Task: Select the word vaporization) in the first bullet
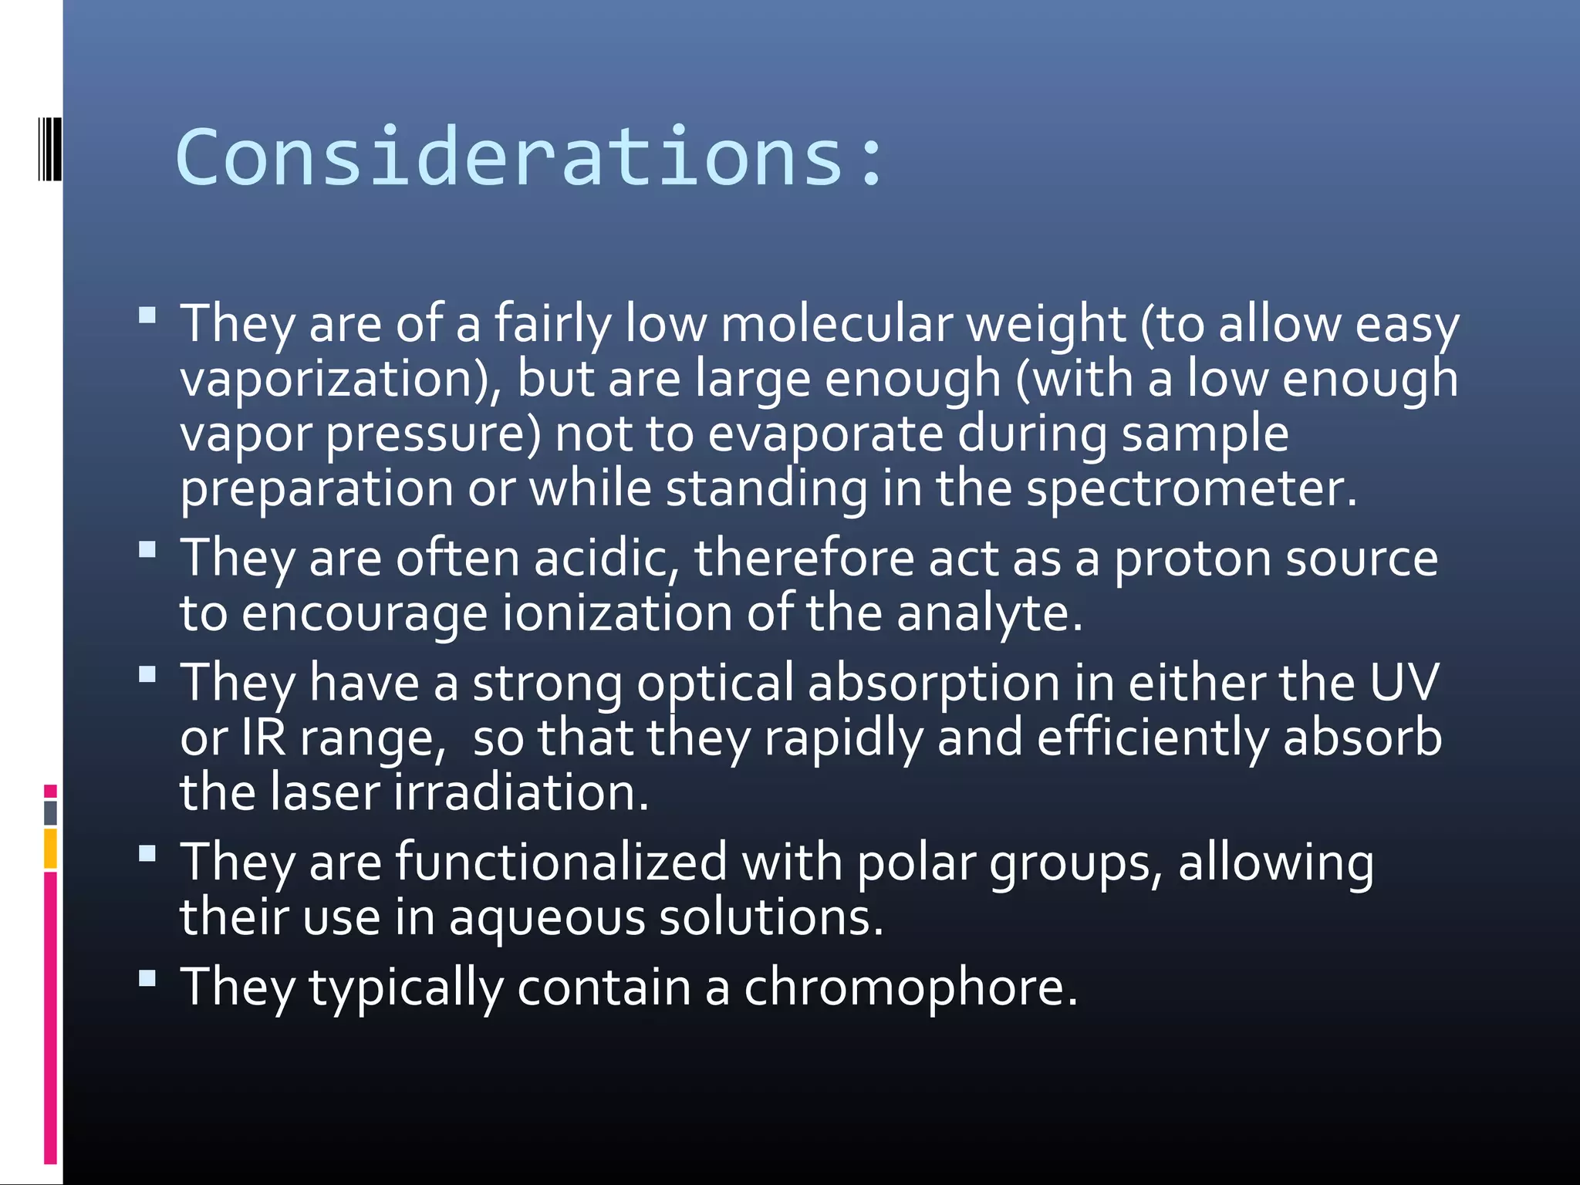point(340,379)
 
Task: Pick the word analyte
point(990,613)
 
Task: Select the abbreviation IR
point(264,738)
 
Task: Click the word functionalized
point(562,862)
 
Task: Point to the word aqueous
point(547,918)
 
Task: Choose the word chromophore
point(910,987)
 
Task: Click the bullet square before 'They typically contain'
point(147,978)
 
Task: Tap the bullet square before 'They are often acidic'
point(147,549)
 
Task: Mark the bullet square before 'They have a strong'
point(147,674)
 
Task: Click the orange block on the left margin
point(50,848)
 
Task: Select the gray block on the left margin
point(50,812)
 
